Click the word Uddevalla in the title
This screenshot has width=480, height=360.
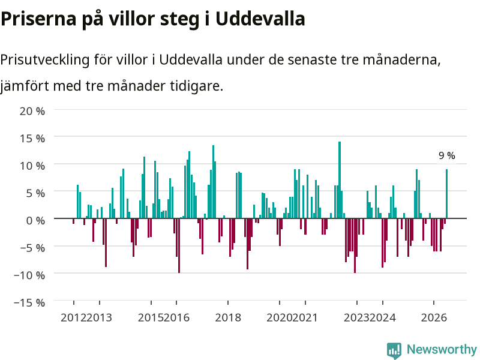tap(260, 19)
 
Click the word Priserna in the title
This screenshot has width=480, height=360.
tap(38, 19)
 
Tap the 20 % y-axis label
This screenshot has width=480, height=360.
tap(32, 111)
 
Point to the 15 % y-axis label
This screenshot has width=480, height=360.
tap(32, 139)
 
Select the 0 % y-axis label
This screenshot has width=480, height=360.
tap(35, 220)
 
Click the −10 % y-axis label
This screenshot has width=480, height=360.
tap(29, 275)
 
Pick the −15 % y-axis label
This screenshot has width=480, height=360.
tap(29, 302)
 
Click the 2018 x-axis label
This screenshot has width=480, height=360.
tap(228, 317)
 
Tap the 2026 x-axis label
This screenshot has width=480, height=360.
tap(434, 317)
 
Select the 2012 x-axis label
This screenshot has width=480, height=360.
tap(73, 317)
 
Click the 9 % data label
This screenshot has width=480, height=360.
tap(446, 155)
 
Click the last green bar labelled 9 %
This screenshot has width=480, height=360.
tap(446, 194)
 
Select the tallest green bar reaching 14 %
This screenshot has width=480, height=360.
tap(340, 180)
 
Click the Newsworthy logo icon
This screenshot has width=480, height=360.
tap(394, 350)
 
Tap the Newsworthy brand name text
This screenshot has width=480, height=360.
tap(442, 349)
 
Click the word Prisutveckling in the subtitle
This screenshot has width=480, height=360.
tap(44, 59)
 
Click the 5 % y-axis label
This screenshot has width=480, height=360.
tap(35, 193)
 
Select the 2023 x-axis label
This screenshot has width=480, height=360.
tap(356, 317)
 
